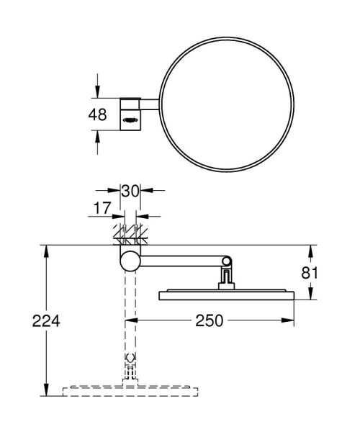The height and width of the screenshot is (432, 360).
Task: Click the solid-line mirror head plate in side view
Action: [x=226, y=295]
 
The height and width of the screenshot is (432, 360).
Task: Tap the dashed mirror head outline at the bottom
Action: [x=130, y=392]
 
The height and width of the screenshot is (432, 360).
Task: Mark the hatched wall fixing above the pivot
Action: [x=130, y=235]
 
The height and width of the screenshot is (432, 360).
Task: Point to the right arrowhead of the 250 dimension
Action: [x=293, y=320]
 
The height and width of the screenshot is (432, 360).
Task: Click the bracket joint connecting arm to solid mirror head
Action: [x=226, y=278]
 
